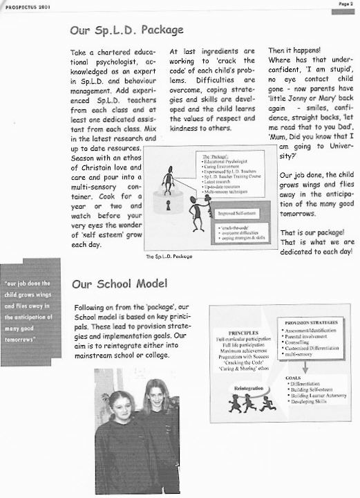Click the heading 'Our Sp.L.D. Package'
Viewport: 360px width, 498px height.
click(x=126, y=30)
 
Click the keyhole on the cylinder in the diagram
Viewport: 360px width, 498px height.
click(x=169, y=206)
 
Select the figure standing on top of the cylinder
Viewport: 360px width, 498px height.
click(x=168, y=179)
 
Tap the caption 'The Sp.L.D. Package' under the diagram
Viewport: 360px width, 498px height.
click(x=169, y=257)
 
